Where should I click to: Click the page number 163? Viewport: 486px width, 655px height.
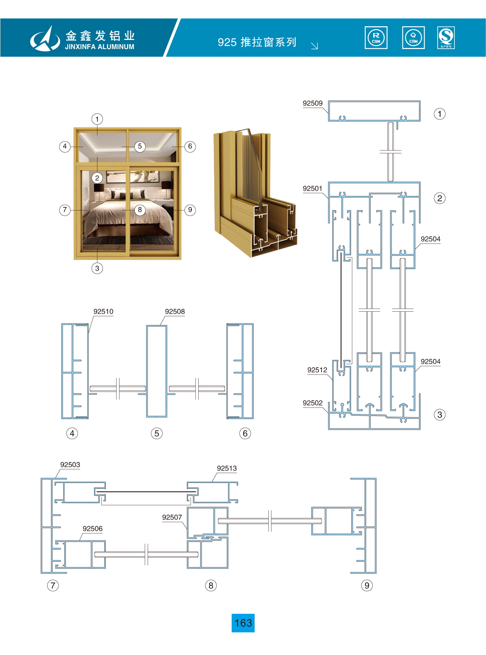(x=243, y=623)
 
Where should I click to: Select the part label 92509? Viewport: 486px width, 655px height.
(x=312, y=104)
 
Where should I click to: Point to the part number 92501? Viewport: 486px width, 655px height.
(x=312, y=189)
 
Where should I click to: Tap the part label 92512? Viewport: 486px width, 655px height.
(x=317, y=370)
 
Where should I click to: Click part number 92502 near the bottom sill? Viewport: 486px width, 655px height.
(x=312, y=403)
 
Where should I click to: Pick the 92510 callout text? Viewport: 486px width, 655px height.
(x=103, y=312)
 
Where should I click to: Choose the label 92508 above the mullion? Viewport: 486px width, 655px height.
(x=175, y=312)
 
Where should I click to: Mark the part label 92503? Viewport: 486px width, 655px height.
(x=70, y=465)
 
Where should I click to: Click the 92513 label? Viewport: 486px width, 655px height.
(x=226, y=469)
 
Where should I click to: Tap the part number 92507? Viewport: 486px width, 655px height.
(x=172, y=518)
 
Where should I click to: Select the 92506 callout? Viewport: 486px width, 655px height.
(x=92, y=529)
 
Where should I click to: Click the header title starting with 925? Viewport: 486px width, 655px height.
(x=257, y=42)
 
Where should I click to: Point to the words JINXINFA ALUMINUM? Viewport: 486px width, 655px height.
(x=99, y=47)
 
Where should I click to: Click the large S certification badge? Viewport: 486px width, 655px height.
(x=446, y=38)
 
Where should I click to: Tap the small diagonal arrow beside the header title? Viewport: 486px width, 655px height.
(x=314, y=46)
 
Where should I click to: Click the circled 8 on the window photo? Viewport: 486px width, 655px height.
(x=140, y=210)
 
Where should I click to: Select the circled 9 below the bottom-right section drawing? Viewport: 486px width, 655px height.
(x=366, y=585)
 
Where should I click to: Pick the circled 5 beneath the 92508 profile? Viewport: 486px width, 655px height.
(x=156, y=433)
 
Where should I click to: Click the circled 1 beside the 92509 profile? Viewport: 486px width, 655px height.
(x=440, y=114)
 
